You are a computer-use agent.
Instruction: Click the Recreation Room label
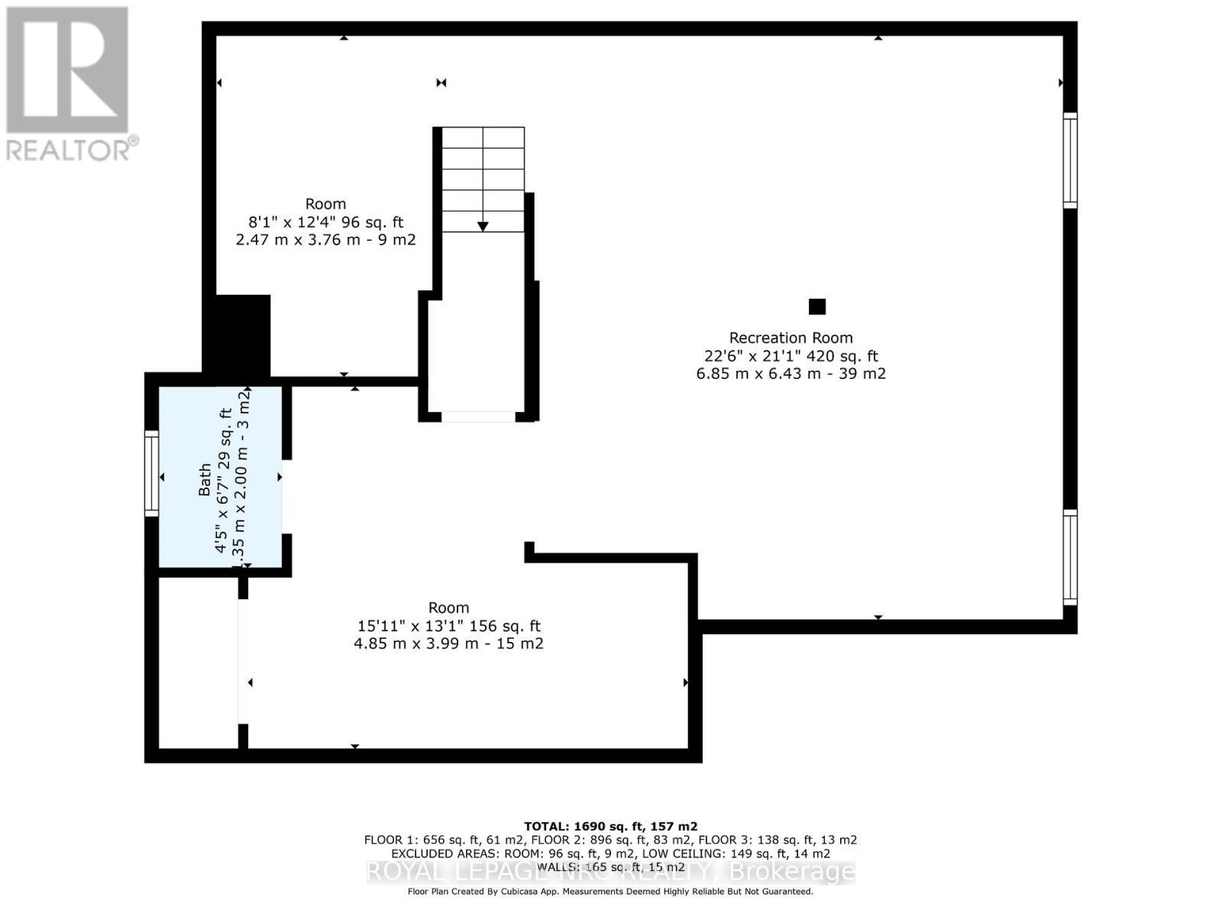click(x=790, y=338)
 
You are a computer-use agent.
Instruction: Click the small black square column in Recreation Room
click(x=817, y=306)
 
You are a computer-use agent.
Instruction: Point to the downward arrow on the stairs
click(x=483, y=225)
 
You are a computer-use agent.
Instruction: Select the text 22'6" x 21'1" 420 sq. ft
click(x=790, y=356)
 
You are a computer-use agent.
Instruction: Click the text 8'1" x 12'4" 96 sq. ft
click(x=326, y=222)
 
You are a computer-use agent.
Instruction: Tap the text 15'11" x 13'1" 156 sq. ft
click(x=448, y=626)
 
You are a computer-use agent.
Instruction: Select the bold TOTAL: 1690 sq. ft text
click(x=610, y=826)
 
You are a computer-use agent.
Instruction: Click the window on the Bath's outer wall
click(x=151, y=473)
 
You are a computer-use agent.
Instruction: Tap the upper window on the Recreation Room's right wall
click(x=1070, y=160)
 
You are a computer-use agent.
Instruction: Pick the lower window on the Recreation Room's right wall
click(x=1070, y=557)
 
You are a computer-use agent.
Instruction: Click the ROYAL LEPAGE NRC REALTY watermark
click(x=611, y=872)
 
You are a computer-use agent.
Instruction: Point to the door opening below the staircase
click(x=478, y=416)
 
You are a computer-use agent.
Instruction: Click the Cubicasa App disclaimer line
click(x=610, y=891)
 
